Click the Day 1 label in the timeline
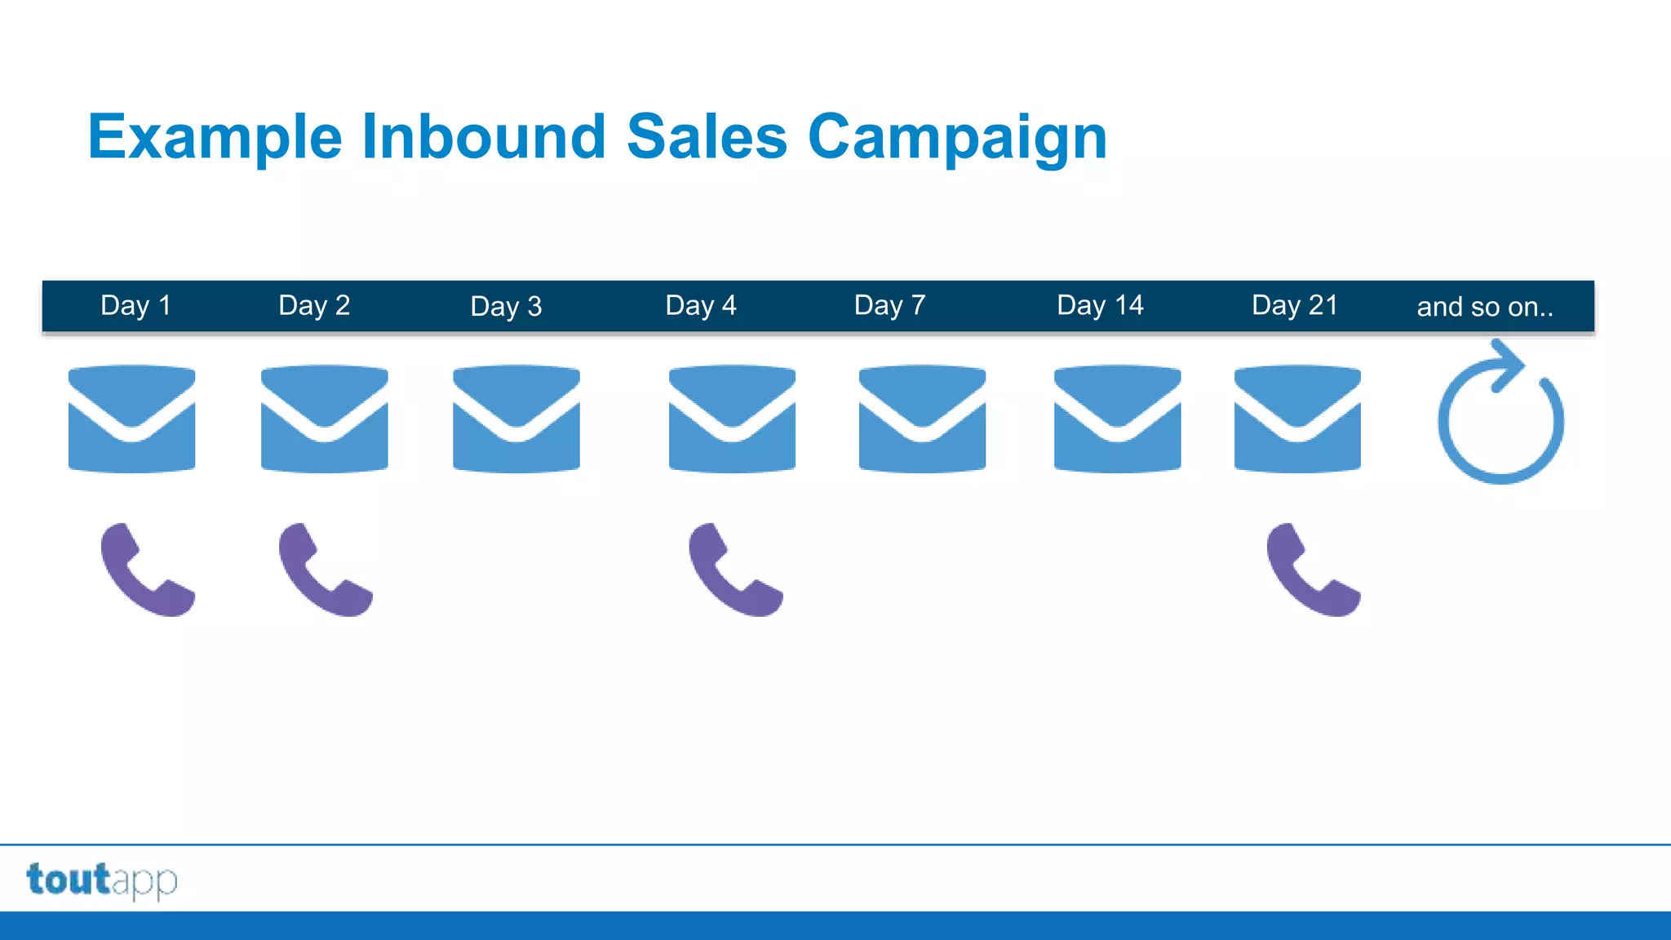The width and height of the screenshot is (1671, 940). [x=135, y=305]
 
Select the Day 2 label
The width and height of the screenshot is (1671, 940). [x=314, y=305]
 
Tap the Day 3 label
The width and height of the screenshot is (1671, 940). [x=506, y=306]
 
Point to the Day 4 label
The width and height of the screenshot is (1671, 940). [x=701, y=305]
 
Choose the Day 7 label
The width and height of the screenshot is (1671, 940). [x=889, y=305]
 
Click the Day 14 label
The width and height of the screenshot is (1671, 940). [x=1100, y=305]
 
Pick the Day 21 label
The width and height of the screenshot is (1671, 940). [x=1295, y=305]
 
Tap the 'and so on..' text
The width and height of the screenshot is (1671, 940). [x=1485, y=307]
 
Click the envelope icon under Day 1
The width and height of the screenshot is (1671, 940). [x=131, y=419]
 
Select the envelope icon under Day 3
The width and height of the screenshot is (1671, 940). [x=516, y=419]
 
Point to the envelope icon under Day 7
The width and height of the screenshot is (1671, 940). [x=922, y=419]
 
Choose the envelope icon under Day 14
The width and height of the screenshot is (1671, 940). [x=1117, y=419]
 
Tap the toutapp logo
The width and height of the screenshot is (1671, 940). [x=102, y=880]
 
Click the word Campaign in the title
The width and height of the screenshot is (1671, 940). [x=957, y=137]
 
